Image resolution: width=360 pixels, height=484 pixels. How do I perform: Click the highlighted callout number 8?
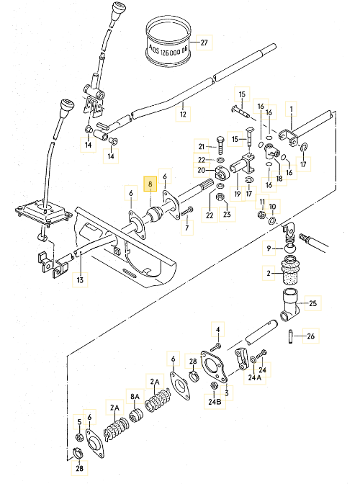pos(150,184)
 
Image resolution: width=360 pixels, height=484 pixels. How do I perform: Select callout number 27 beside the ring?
pos(204,42)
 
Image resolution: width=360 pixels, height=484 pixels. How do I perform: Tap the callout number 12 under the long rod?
pos(183,115)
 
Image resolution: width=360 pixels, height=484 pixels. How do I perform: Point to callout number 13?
pos(80,280)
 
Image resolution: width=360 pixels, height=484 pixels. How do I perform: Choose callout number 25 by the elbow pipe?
pos(312,303)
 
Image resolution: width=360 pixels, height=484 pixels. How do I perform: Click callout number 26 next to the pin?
pos(310,336)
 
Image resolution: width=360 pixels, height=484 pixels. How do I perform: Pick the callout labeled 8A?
pos(135,396)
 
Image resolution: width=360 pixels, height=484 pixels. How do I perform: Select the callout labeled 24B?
pos(215,402)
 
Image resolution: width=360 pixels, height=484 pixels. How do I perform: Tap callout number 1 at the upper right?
pos(291,109)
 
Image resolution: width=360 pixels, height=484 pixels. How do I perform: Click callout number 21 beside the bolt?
pos(202,147)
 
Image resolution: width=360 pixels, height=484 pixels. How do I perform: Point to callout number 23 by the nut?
pos(227,214)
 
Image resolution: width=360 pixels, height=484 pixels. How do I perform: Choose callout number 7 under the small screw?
pos(187,228)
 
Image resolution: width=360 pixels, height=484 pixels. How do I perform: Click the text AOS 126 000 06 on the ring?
pos(168,50)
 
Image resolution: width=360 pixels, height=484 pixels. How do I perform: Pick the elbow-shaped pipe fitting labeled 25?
pos(290,305)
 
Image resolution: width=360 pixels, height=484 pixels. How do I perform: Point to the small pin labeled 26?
pos(290,336)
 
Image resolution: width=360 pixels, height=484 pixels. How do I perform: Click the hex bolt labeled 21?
pos(220,145)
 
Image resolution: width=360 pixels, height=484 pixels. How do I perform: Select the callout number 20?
pos(201,170)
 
